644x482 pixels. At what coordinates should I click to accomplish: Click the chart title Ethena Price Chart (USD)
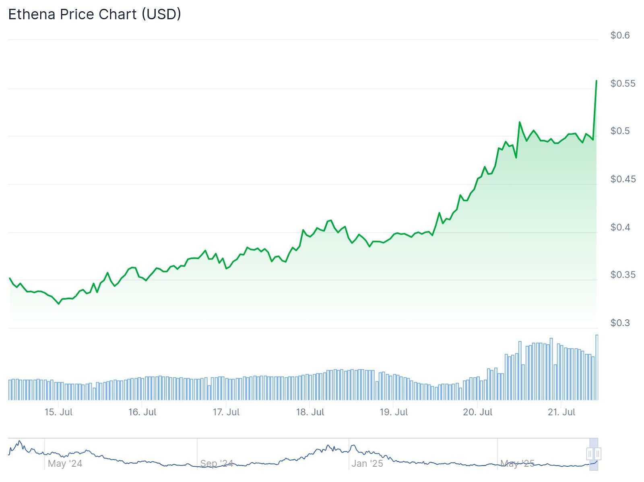pos(95,14)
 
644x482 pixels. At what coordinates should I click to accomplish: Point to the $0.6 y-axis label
pos(620,35)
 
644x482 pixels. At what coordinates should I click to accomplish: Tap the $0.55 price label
pos(623,83)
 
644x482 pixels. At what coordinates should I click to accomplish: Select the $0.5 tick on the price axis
pos(620,131)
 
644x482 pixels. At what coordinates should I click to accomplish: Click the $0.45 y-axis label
pos(623,179)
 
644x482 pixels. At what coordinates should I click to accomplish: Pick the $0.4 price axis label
pos(620,227)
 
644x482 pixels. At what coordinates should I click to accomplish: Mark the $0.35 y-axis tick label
pos(623,275)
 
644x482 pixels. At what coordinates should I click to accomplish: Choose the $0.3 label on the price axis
pos(620,323)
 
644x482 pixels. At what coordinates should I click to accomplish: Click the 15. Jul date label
pos(58,412)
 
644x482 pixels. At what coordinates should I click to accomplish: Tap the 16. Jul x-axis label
pos(142,412)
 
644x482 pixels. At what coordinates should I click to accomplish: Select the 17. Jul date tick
pos(226,412)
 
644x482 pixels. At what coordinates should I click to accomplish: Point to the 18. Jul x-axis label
pos(310,412)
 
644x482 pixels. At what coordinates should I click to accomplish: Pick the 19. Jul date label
pos(394,412)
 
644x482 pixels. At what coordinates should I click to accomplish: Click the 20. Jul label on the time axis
pos(477,412)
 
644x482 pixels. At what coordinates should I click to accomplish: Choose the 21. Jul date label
pos(561,412)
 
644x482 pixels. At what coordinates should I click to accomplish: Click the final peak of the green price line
pos(596,81)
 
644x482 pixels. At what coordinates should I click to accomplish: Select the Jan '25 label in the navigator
pos(367,463)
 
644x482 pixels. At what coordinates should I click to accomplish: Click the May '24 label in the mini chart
pos(65,463)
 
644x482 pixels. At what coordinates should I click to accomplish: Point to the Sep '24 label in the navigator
pos(217,463)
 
